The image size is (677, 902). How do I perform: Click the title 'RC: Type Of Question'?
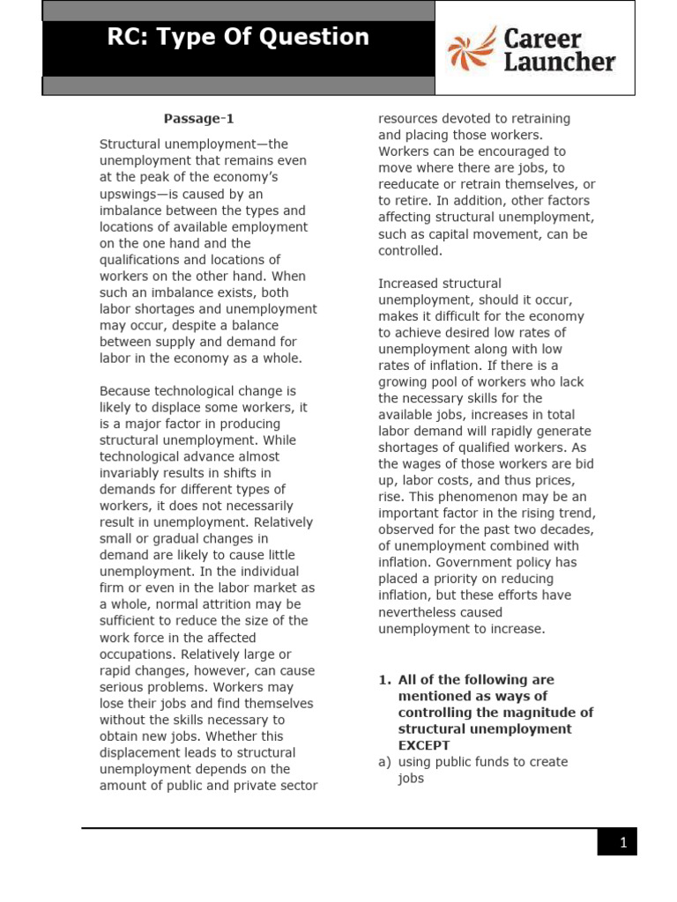tap(238, 37)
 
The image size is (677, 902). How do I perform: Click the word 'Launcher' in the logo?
tap(559, 63)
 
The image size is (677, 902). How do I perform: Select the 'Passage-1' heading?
tap(199, 119)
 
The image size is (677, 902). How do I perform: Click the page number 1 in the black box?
tap(622, 843)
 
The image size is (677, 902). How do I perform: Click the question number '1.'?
tap(384, 680)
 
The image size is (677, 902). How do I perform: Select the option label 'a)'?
tap(385, 762)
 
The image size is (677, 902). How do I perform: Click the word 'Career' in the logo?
tap(542, 39)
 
